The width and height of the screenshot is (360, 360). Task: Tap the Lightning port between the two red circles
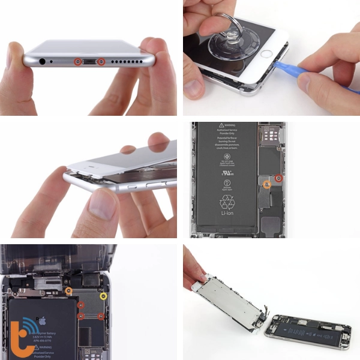tap(88, 62)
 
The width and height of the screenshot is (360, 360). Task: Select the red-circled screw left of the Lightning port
tap(76, 61)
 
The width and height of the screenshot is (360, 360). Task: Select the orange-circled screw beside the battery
tap(268, 185)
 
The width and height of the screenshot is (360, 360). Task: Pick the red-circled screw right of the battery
tap(278, 178)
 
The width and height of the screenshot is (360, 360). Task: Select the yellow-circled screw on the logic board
tap(103, 296)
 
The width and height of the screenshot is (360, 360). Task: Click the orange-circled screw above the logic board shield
tap(68, 291)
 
